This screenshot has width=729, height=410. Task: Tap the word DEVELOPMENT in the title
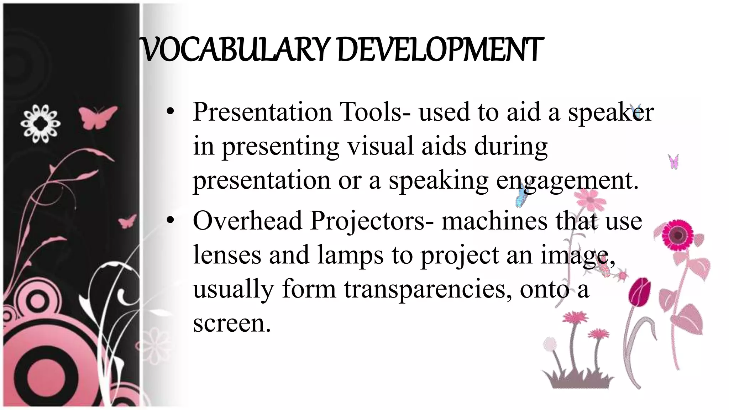pyautogui.click(x=440, y=50)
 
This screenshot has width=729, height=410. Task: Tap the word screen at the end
pyautogui.click(x=231, y=323)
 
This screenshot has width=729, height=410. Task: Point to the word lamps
pyautogui.click(x=350, y=256)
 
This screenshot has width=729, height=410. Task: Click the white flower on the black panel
pyautogui.click(x=40, y=123)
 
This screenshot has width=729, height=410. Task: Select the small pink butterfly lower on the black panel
pyautogui.click(x=127, y=221)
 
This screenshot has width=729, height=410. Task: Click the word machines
pyautogui.click(x=494, y=221)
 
